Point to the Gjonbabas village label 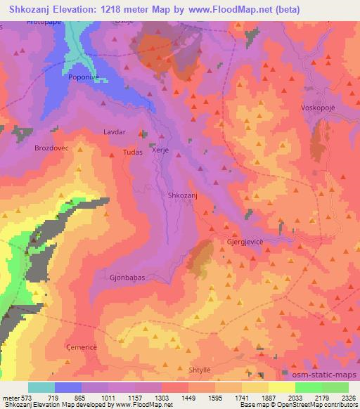127,278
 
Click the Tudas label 133,152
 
